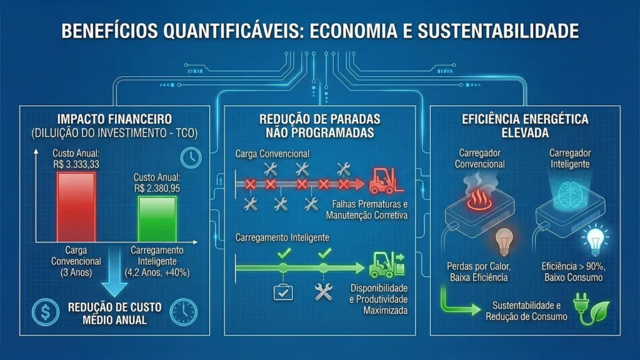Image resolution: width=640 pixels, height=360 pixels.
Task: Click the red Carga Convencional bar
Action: tap(76, 207)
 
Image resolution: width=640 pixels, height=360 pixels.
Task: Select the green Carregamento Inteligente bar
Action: tap(157, 219)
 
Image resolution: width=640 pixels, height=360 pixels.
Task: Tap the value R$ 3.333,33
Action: tap(76, 164)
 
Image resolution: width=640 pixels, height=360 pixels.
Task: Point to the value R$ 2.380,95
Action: tap(157, 189)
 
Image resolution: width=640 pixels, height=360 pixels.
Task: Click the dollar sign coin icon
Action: tap(46, 312)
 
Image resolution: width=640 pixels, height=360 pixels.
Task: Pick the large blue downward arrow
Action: tap(114, 272)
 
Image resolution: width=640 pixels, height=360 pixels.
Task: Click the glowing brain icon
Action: tap(570, 192)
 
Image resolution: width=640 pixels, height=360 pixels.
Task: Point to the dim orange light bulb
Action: tap(504, 242)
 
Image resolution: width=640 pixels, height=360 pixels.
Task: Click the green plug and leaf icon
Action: tap(591, 309)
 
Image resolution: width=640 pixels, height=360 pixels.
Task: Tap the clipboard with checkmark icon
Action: tap(283, 292)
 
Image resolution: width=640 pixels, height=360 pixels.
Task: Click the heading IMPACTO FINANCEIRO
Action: tap(115, 119)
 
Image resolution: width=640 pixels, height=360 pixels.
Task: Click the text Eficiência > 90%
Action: tap(574, 266)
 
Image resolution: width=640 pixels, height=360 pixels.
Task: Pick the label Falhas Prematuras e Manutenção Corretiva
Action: tap(366, 210)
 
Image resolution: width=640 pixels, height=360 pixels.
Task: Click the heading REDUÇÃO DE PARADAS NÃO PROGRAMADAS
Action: tap(320, 126)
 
